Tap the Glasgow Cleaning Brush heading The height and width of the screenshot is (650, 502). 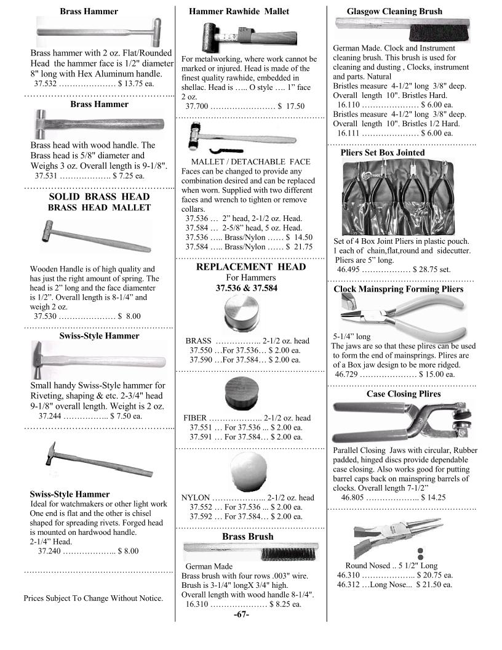tap(394, 11)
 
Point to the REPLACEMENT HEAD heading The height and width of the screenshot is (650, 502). tap(250, 267)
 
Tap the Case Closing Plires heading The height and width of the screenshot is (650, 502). tap(404, 394)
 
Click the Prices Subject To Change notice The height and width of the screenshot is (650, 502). tap(94, 598)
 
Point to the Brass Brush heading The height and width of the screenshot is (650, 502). tap(248, 537)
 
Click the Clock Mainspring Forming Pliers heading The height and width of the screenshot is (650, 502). tap(399, 289)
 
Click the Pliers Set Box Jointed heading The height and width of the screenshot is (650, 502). tap(382, 153)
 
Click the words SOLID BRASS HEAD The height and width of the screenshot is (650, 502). tap(99, 196)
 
